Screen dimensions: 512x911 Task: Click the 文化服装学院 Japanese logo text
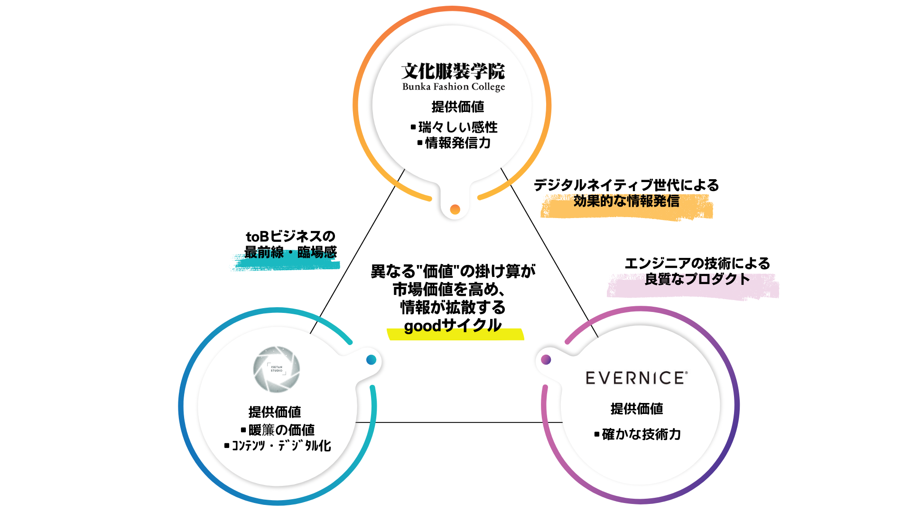(453, 72)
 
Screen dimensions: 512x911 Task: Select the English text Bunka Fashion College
(453, 87)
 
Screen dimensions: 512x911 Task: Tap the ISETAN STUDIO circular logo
(277, 369)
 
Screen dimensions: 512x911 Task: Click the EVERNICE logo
(636, 378)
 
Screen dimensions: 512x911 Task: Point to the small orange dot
(455, 209)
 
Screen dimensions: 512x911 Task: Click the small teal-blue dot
(372, 360)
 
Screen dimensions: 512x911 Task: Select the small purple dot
(546, 360)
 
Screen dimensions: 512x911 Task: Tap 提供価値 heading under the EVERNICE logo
(637, 409)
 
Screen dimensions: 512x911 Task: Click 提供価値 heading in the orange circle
(458, 107)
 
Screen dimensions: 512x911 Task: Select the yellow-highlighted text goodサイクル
(453, 326)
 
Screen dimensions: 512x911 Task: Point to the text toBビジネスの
(290, 236)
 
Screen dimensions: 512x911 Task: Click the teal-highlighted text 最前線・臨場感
(290, 252)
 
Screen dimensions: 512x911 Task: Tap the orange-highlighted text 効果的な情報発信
(626, 201)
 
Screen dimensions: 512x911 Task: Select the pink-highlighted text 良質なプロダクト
(697, 279)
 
